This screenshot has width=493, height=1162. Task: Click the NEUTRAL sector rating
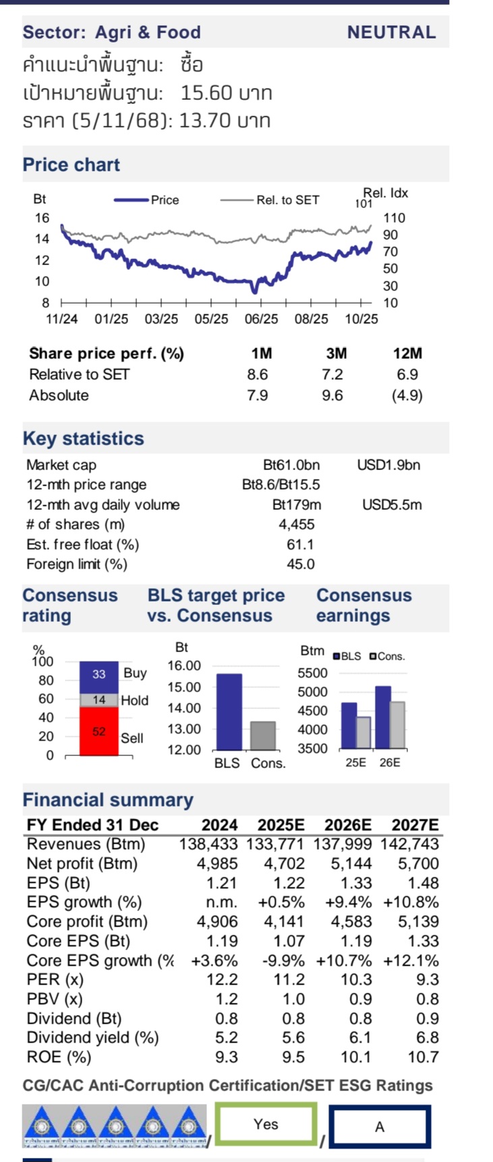click(x=391, y=32)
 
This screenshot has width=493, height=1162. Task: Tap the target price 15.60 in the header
click(x=207, y=92)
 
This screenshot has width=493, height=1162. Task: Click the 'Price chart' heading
click(x=71, y=165)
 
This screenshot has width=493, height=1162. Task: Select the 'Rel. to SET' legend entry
click(x=287, y=200)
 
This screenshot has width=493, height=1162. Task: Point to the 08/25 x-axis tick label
click(x=311, y=318)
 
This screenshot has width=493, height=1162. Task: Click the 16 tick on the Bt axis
click(x=42, y=218)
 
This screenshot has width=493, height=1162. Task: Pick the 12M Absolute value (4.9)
click(x=407, y=395)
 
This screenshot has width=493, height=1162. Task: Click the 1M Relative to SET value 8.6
click(x=257, y=374)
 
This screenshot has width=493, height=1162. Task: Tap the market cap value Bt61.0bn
click(x=291, y=465)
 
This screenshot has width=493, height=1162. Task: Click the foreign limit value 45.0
click(x=300, y=564)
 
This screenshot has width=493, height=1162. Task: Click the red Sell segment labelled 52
click(x=99, y=731)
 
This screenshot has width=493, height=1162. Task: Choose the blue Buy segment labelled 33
click(x=99, y=674)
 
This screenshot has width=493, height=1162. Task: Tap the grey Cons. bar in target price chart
click(x=263, y=736)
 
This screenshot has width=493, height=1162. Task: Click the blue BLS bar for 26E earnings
click(x=382, y=718)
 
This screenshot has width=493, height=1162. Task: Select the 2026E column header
click(x=347, y=825)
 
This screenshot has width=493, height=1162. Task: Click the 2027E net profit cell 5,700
click(x=418, y=863)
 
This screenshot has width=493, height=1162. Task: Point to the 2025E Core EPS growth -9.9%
click(x=283, y=960)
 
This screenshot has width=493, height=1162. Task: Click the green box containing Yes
click(x=266, y=1124)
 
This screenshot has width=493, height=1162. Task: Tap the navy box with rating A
click(x=380, y=1126)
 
